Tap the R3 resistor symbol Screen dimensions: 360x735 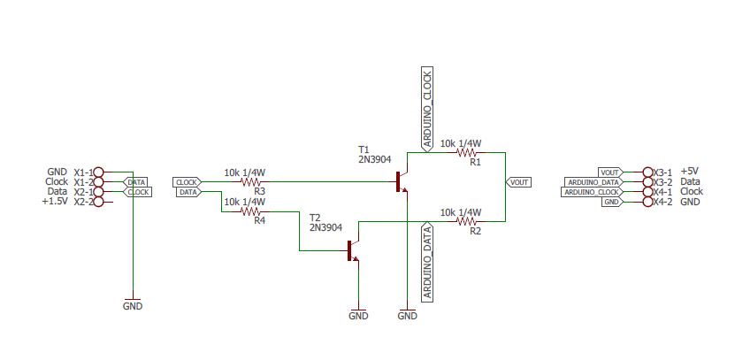point(252,181)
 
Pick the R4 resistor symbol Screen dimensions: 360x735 point(252,211)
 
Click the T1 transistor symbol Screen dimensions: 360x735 point(402,181)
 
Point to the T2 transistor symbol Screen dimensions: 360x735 point(353,251)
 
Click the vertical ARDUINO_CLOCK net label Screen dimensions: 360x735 point(427,110)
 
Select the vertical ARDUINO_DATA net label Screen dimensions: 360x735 point(427,263)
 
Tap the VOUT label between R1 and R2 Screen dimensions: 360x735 point(518,181)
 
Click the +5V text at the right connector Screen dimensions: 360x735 point(690,172)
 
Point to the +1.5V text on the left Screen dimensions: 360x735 point(55,202)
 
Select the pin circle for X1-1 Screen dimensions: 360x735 point(98,172)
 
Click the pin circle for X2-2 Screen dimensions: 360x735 point(98,202)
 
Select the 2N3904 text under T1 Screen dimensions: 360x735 point(375,160)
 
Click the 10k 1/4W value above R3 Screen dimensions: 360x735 point(245,172)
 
